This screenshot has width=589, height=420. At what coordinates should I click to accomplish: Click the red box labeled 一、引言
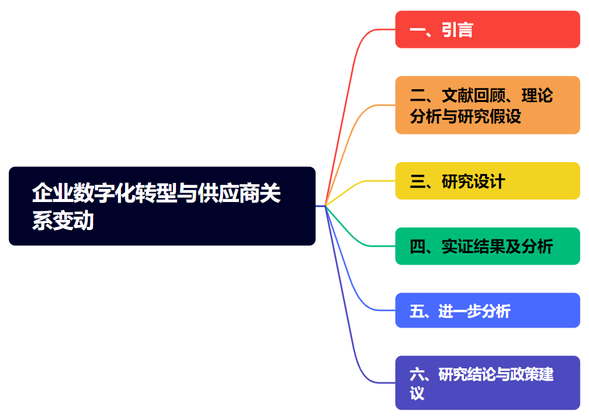click(x=487, y=29)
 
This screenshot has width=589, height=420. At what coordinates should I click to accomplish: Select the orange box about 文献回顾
click(x=487, y=105)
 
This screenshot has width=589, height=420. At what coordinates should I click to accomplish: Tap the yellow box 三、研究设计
click(x=487, y=181)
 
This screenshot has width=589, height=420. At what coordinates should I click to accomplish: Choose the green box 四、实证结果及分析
click(x=487, y=246)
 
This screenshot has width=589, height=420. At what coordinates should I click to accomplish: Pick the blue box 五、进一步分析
click(x=487, y=310)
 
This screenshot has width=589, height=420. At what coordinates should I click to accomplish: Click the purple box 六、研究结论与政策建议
click(x=487, y=382)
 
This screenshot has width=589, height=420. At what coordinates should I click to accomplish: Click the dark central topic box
click(x=162, y=206)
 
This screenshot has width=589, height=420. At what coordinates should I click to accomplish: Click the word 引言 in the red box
click(x=457, y=30)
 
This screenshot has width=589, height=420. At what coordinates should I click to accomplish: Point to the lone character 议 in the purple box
click(x=418, y=393)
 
